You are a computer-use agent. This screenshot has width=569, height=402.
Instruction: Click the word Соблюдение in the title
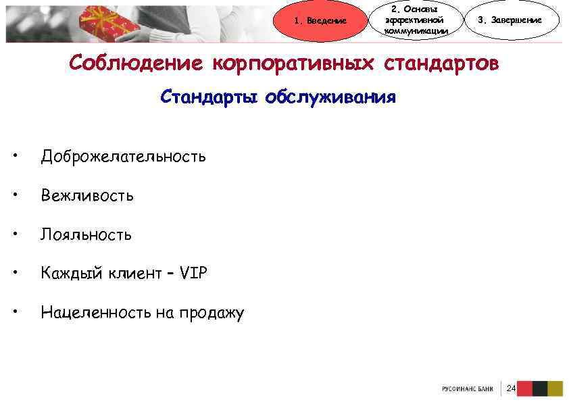tap(135, 64)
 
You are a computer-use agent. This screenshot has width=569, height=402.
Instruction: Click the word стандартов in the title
tap(443, 64)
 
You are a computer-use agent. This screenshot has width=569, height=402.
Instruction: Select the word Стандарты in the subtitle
tap(210, 98)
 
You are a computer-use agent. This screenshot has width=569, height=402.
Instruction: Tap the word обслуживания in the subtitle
tap(330, 98)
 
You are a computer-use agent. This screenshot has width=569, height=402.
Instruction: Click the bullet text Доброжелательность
tap(123, 157)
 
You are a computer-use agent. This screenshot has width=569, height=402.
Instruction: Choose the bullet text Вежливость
tap(87, 196)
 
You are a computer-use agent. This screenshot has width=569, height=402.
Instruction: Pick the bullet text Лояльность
tap(86, 235)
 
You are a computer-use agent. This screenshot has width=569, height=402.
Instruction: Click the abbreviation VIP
tap(195, 274)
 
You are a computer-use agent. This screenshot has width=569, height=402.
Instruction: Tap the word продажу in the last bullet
tap(214, 313)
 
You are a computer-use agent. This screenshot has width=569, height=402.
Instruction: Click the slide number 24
tap(510, 388)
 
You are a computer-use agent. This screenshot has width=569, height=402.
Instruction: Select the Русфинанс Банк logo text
tap(468, 389)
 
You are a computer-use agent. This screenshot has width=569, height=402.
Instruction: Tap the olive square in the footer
tap(555, 388)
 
